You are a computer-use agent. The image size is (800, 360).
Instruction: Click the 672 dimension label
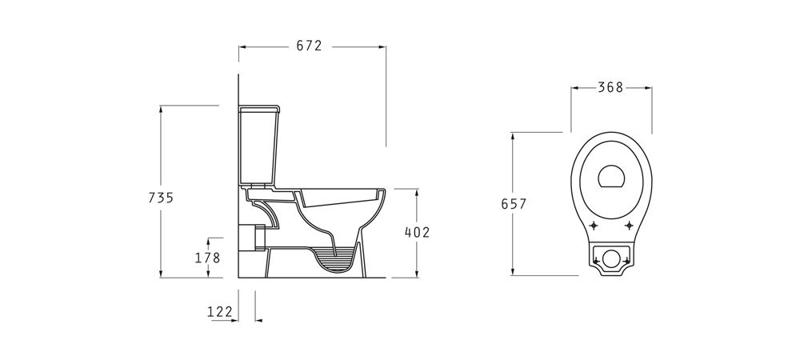pos(309,46)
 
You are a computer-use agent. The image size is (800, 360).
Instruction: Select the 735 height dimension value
pos(162,198)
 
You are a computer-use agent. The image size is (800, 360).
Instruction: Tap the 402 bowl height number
pos(418,233)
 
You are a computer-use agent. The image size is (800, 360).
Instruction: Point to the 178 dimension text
pos(208,258)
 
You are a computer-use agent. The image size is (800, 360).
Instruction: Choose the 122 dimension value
pos(220,311)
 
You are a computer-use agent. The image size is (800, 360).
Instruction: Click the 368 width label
pos(610,88)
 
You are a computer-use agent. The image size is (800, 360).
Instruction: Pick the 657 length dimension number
pos(514,204)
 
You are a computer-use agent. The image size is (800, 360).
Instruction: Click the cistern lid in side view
pos(260,109)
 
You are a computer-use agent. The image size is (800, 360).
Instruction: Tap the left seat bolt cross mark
pos(594,226)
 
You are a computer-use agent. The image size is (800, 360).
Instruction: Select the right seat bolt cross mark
pos(629,226)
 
